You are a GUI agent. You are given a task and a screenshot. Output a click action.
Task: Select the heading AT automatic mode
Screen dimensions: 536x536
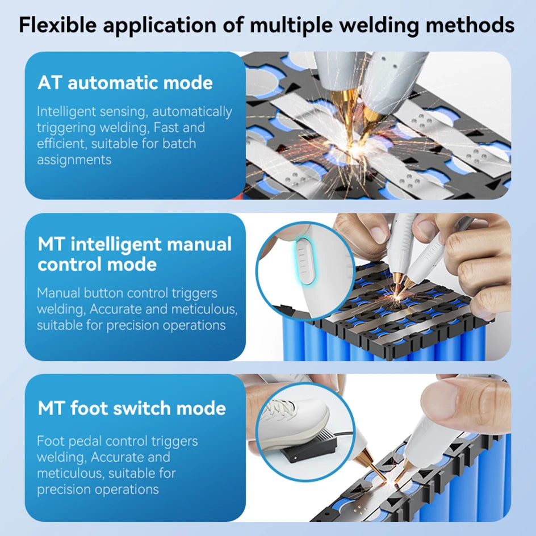tap(125, 83)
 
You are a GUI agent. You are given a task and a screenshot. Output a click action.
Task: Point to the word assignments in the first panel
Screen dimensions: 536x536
tap(74, 160)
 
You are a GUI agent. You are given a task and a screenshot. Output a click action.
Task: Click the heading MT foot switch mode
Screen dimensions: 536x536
tap(132, 408)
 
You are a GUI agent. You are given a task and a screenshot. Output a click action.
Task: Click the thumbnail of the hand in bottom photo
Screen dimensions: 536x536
tap(457, 400)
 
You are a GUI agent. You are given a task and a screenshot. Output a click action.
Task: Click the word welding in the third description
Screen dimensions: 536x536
tap(61, 457)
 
